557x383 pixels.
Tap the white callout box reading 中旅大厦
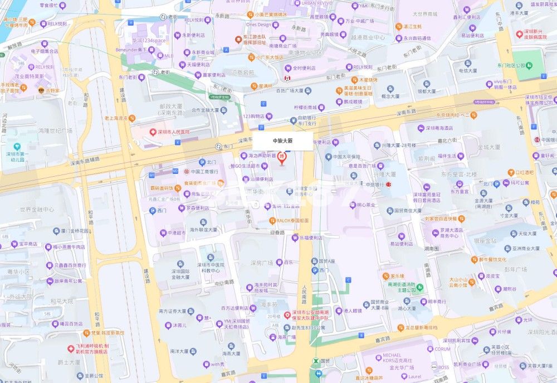(x=282, y=142)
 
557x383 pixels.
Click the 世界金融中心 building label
(x=37, y=210)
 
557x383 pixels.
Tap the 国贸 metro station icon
(x=317, y=361)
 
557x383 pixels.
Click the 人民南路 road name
(x=304, y=293)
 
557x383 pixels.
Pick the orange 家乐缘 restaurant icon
(x=385, y=276)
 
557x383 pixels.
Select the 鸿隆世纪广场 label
(x=55, y=130)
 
